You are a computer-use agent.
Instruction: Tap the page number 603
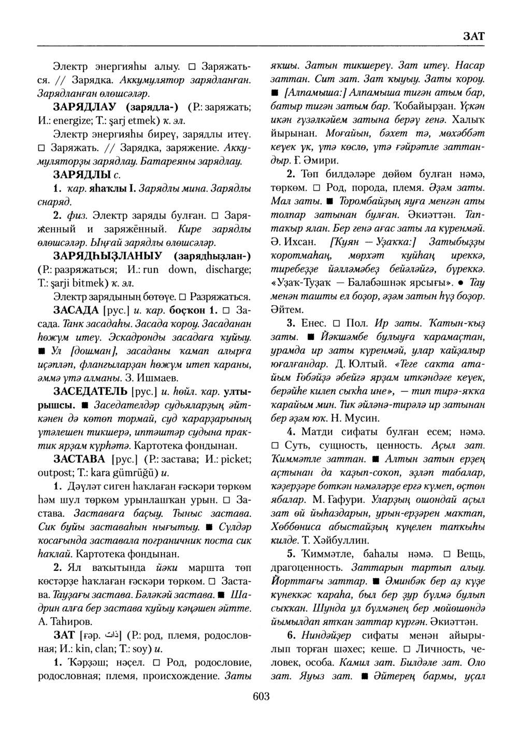coord(262,697)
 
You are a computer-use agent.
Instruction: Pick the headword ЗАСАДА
coord(76,310)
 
